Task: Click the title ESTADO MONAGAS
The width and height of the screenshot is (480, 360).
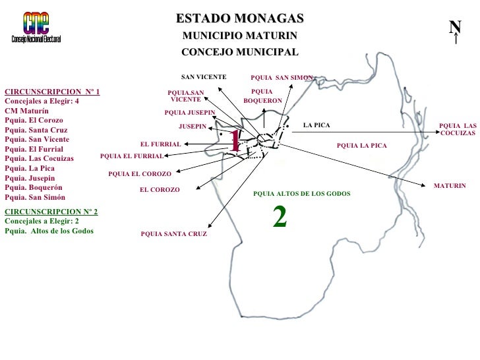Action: (x=240, y=18)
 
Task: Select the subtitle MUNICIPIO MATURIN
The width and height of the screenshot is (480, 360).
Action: (x=240, y=35)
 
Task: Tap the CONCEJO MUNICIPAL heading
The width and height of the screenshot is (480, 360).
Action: (x=240, y=52)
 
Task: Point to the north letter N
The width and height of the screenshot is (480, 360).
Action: (x=455, y=26)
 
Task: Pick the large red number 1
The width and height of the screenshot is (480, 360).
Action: (x=235, y=140)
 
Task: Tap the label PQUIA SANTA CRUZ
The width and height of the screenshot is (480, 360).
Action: (x=174, y=234)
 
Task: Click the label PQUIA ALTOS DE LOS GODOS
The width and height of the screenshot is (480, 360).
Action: (x=302, y=194)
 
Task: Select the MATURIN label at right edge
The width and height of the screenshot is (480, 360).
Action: (x=450, y=187)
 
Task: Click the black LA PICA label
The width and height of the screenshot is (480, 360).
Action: (x=316, y=125)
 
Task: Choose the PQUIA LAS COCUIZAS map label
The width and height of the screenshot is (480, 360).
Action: (x=458, y=129)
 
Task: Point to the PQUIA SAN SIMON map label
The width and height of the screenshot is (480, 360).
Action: (x=282, y=78)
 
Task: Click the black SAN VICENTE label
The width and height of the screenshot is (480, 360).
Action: (x=204, y=77)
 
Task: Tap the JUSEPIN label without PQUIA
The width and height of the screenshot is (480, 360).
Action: (x=193, y=126)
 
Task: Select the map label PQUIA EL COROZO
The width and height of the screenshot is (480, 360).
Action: (x=140, y=174)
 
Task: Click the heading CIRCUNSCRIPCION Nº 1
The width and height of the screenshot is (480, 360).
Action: (x=52, y=92)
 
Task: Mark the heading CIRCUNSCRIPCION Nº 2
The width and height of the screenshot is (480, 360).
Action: (x=51, y=212)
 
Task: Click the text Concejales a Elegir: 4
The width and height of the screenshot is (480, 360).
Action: (x=42, y=102)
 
